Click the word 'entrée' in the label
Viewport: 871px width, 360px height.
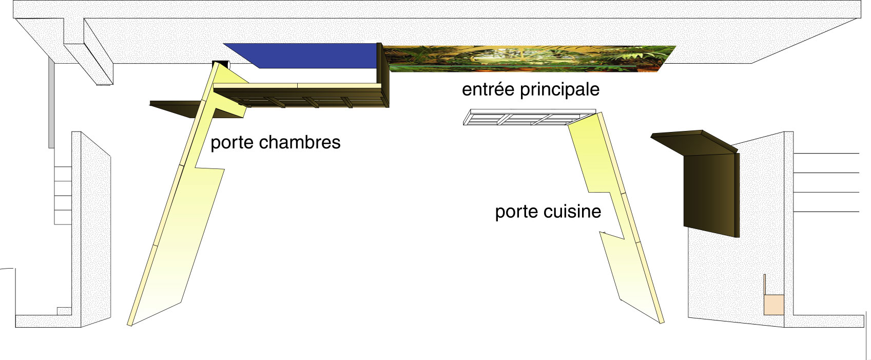pos(489,89)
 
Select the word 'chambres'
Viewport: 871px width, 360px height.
pos(300,142)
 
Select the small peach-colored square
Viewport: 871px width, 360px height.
pos(774,305)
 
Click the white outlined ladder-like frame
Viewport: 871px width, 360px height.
pos(529,117)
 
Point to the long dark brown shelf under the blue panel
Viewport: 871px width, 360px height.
pos(301,97)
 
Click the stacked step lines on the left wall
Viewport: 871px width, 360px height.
pos(63,195)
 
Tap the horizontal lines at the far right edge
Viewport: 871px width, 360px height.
pos(826,182)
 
